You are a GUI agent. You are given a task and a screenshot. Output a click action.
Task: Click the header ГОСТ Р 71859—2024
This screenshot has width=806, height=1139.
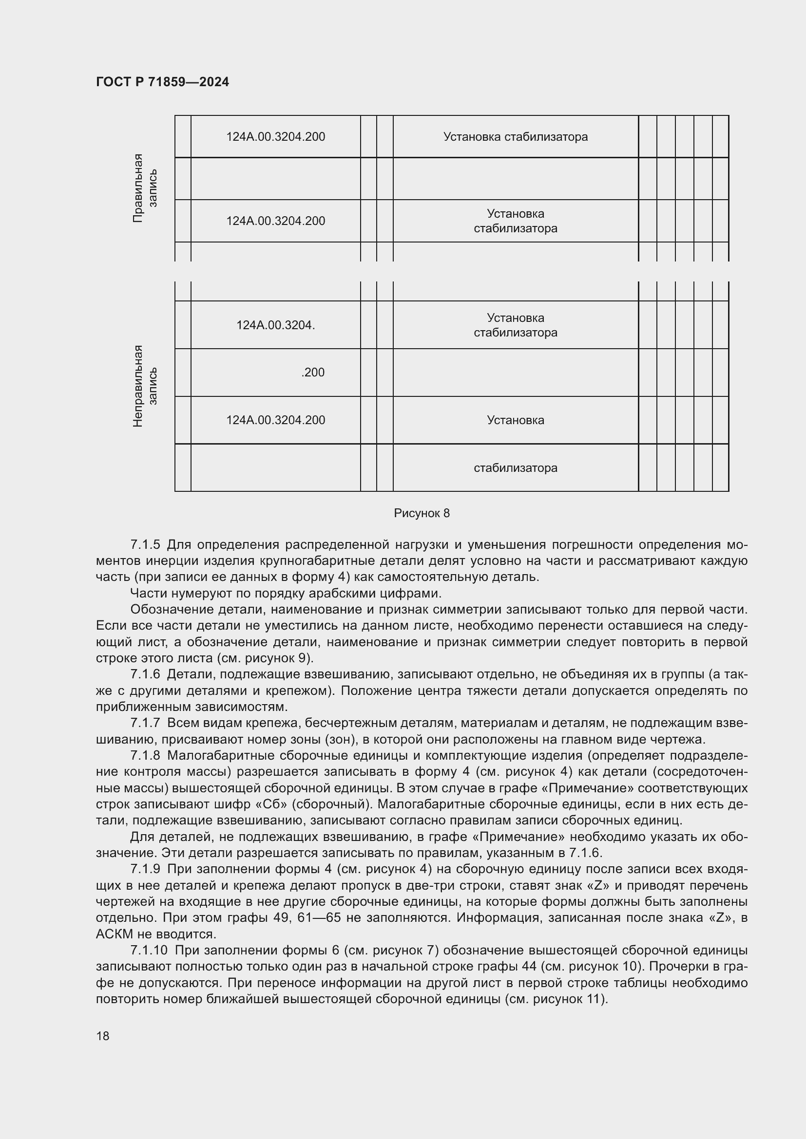[162, 82]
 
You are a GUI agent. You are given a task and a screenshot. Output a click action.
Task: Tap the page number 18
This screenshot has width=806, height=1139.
[103, 1036]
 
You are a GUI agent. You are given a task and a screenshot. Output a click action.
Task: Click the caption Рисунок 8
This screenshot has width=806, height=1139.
[422, 513]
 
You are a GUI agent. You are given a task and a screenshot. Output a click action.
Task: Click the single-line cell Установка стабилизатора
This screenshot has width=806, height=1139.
[515, 136]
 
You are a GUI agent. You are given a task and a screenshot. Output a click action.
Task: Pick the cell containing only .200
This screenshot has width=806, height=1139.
[313, 372]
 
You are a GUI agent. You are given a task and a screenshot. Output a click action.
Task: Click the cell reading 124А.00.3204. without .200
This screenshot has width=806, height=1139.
[275, 325]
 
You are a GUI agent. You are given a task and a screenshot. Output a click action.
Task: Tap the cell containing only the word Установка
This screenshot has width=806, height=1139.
[515, 420]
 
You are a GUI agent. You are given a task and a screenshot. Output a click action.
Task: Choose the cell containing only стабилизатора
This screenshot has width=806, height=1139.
[515, 468]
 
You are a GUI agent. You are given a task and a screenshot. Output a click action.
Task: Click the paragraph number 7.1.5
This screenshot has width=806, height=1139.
[145, 545]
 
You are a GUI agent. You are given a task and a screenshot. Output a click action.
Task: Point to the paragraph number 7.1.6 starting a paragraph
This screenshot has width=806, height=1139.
[145, 674]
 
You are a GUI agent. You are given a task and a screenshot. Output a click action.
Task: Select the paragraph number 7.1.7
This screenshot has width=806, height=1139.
[145, 723]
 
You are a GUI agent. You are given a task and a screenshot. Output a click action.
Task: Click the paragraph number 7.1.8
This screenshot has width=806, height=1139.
[145, 756]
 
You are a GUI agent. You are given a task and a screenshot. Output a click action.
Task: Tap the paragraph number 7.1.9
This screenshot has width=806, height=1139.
[145, 869]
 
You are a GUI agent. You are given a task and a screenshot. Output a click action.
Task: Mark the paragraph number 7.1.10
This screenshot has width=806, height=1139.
[149, 951]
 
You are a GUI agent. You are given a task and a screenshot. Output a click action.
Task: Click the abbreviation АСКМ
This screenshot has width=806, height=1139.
[114, 934]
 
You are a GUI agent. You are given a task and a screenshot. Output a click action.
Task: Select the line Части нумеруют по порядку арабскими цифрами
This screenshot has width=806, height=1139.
[286, 593]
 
